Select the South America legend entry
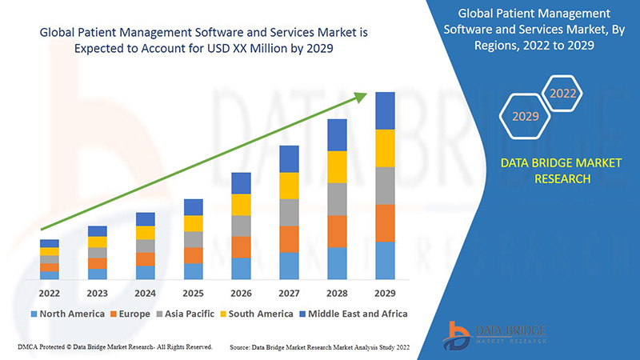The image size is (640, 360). pyautogui.click(x=256, y=314)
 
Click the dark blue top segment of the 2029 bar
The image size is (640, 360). pyautogui.click(x=385, y=110)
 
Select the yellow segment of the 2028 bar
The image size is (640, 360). pyautogui.click(x=337, y=166)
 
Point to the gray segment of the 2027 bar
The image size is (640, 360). pyautogui.click(x=289, y=212)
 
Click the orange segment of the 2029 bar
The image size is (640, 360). pyautogui.click(x=385, y=223)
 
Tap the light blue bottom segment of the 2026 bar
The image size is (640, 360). pyautogui.click(x=241, y=268)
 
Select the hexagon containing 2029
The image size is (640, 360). pyautogui.click(x=526, y=117)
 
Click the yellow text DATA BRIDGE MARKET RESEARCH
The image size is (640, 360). pyautogui.click(x=549, y=170)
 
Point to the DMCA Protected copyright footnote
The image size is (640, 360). pyautogui.click(x=114, y=347)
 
